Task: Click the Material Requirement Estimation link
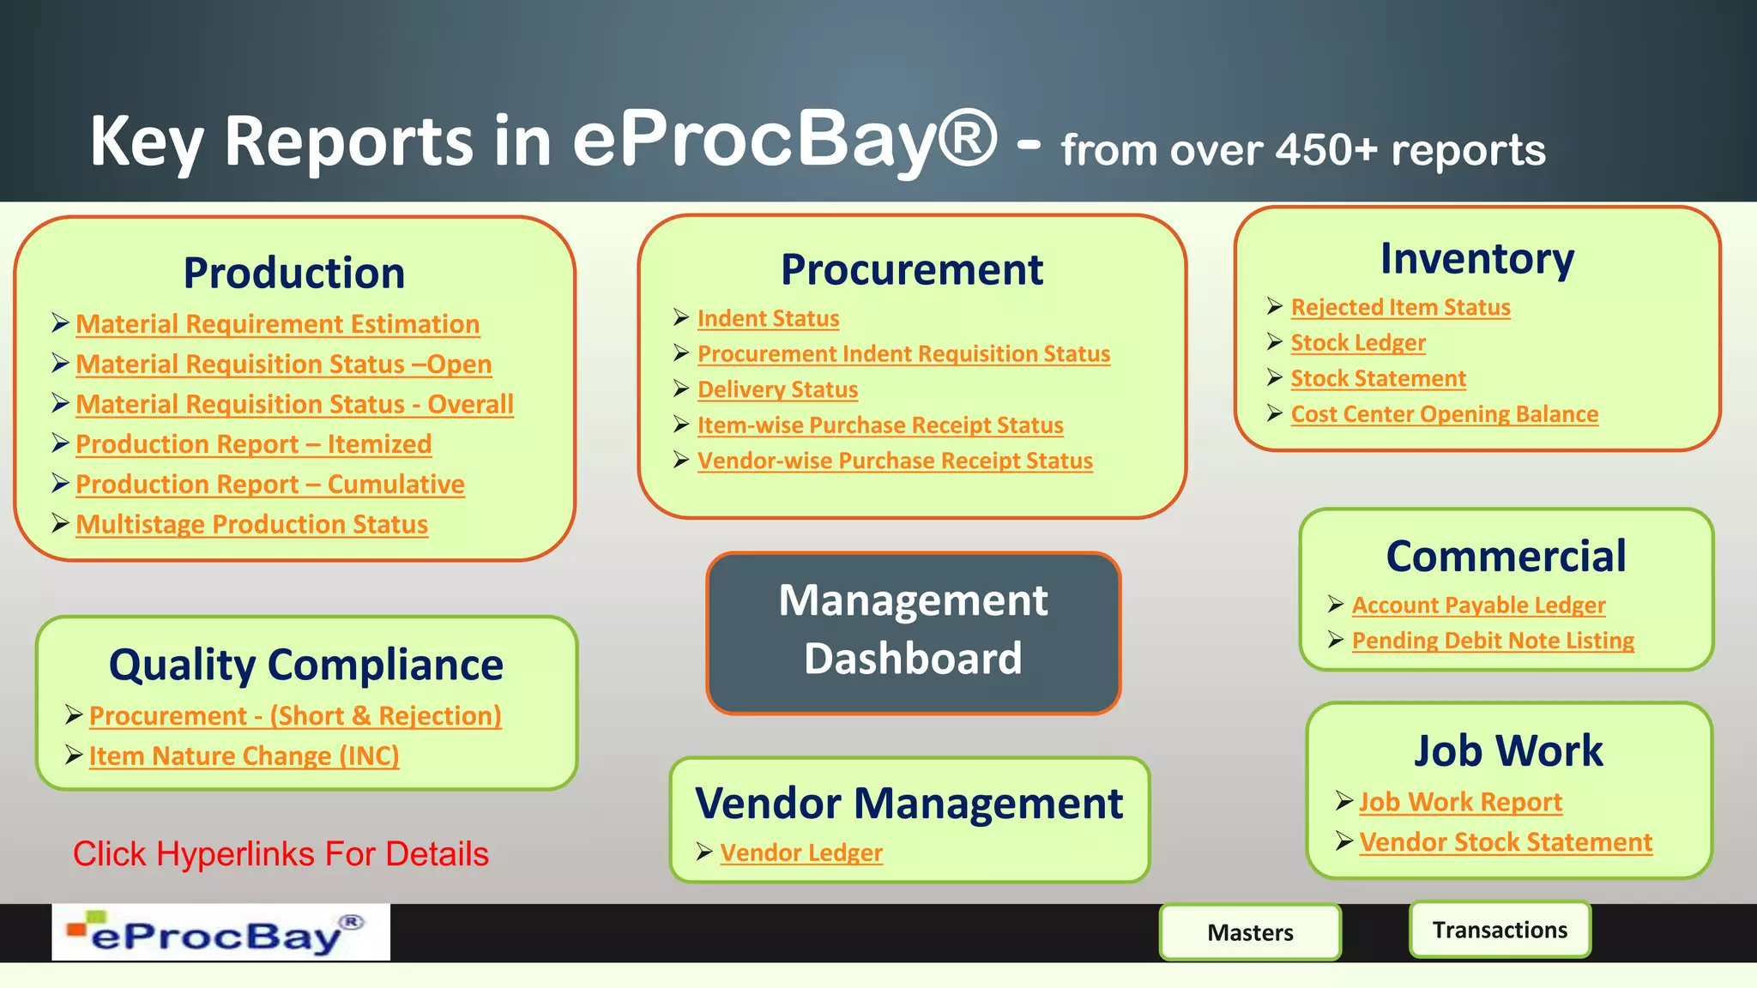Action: click(x=277, y=324)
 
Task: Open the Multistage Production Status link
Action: click(x=251, y=524)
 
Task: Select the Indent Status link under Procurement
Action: click(x=768, y=318)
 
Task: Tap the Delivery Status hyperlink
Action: click(x=777, y=389)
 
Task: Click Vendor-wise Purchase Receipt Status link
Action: click(x=895, y=461)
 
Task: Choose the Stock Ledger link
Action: click(x=1358, y=342)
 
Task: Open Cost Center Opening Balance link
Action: click(x=1445, y=413)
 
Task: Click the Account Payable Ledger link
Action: click(x=1478, y=605)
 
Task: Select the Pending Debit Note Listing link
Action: click(x=1493, y=641)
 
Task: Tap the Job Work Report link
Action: click(x=1460, y=802)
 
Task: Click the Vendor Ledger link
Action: click(x=801, y=852)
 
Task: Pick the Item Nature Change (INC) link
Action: click(x=244, y=756)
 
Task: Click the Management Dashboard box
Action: click(x=913, y=633)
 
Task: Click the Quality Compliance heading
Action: click(x=306, y=665)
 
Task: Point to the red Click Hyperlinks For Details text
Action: click(x=281, y=854)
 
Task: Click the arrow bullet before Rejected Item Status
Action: click(x=1275, y=306)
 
